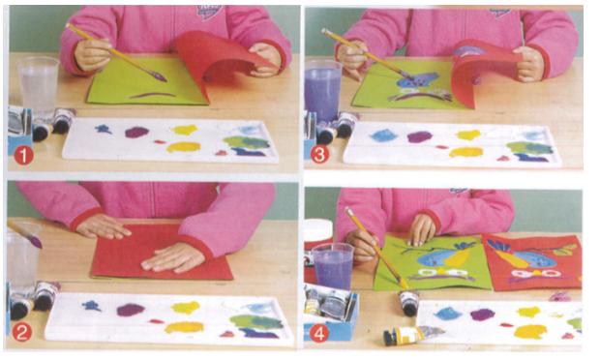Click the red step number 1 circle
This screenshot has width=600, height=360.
[23, 156]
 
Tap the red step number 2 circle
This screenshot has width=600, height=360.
[21, 333]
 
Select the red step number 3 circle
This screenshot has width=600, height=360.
[319, 155]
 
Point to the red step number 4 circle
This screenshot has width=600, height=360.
[318, 334]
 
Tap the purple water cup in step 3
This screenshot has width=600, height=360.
[323, 90]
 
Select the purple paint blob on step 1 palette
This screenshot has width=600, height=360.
[136, 133]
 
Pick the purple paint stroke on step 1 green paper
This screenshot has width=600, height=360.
[153, 95]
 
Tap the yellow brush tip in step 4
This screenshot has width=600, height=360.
[404, 284]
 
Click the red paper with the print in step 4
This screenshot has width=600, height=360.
[533, 262]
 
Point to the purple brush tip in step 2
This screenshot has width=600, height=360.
[37, 242]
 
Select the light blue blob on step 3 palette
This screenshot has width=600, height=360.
[384, 135]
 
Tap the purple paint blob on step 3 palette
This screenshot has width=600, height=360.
[420, 136]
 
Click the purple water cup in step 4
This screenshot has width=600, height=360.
[333, 266]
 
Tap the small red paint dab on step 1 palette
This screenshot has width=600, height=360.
[160, 142]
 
